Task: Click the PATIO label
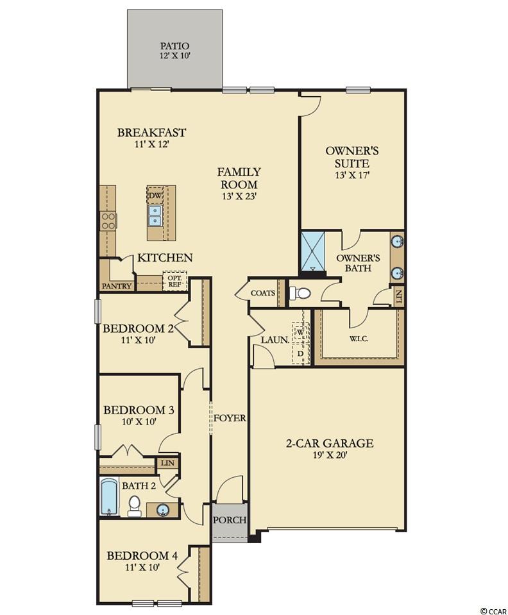(174, 46)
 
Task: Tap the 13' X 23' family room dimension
(239, 196)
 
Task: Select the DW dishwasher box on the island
(154, 195)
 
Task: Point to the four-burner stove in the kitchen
(108, 221)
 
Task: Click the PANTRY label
(117, 286)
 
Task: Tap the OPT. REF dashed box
(174, 280)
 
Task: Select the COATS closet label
(262, 293)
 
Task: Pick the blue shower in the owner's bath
(312, 251)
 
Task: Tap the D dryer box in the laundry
(301, 353)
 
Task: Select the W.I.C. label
(359, 339)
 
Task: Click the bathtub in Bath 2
(108, 496)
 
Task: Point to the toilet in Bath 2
(134, 505)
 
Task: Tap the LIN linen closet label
(167, 463)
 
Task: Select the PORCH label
(230, 520)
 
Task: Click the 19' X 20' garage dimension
(328, 455)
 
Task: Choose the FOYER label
(230, 418)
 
